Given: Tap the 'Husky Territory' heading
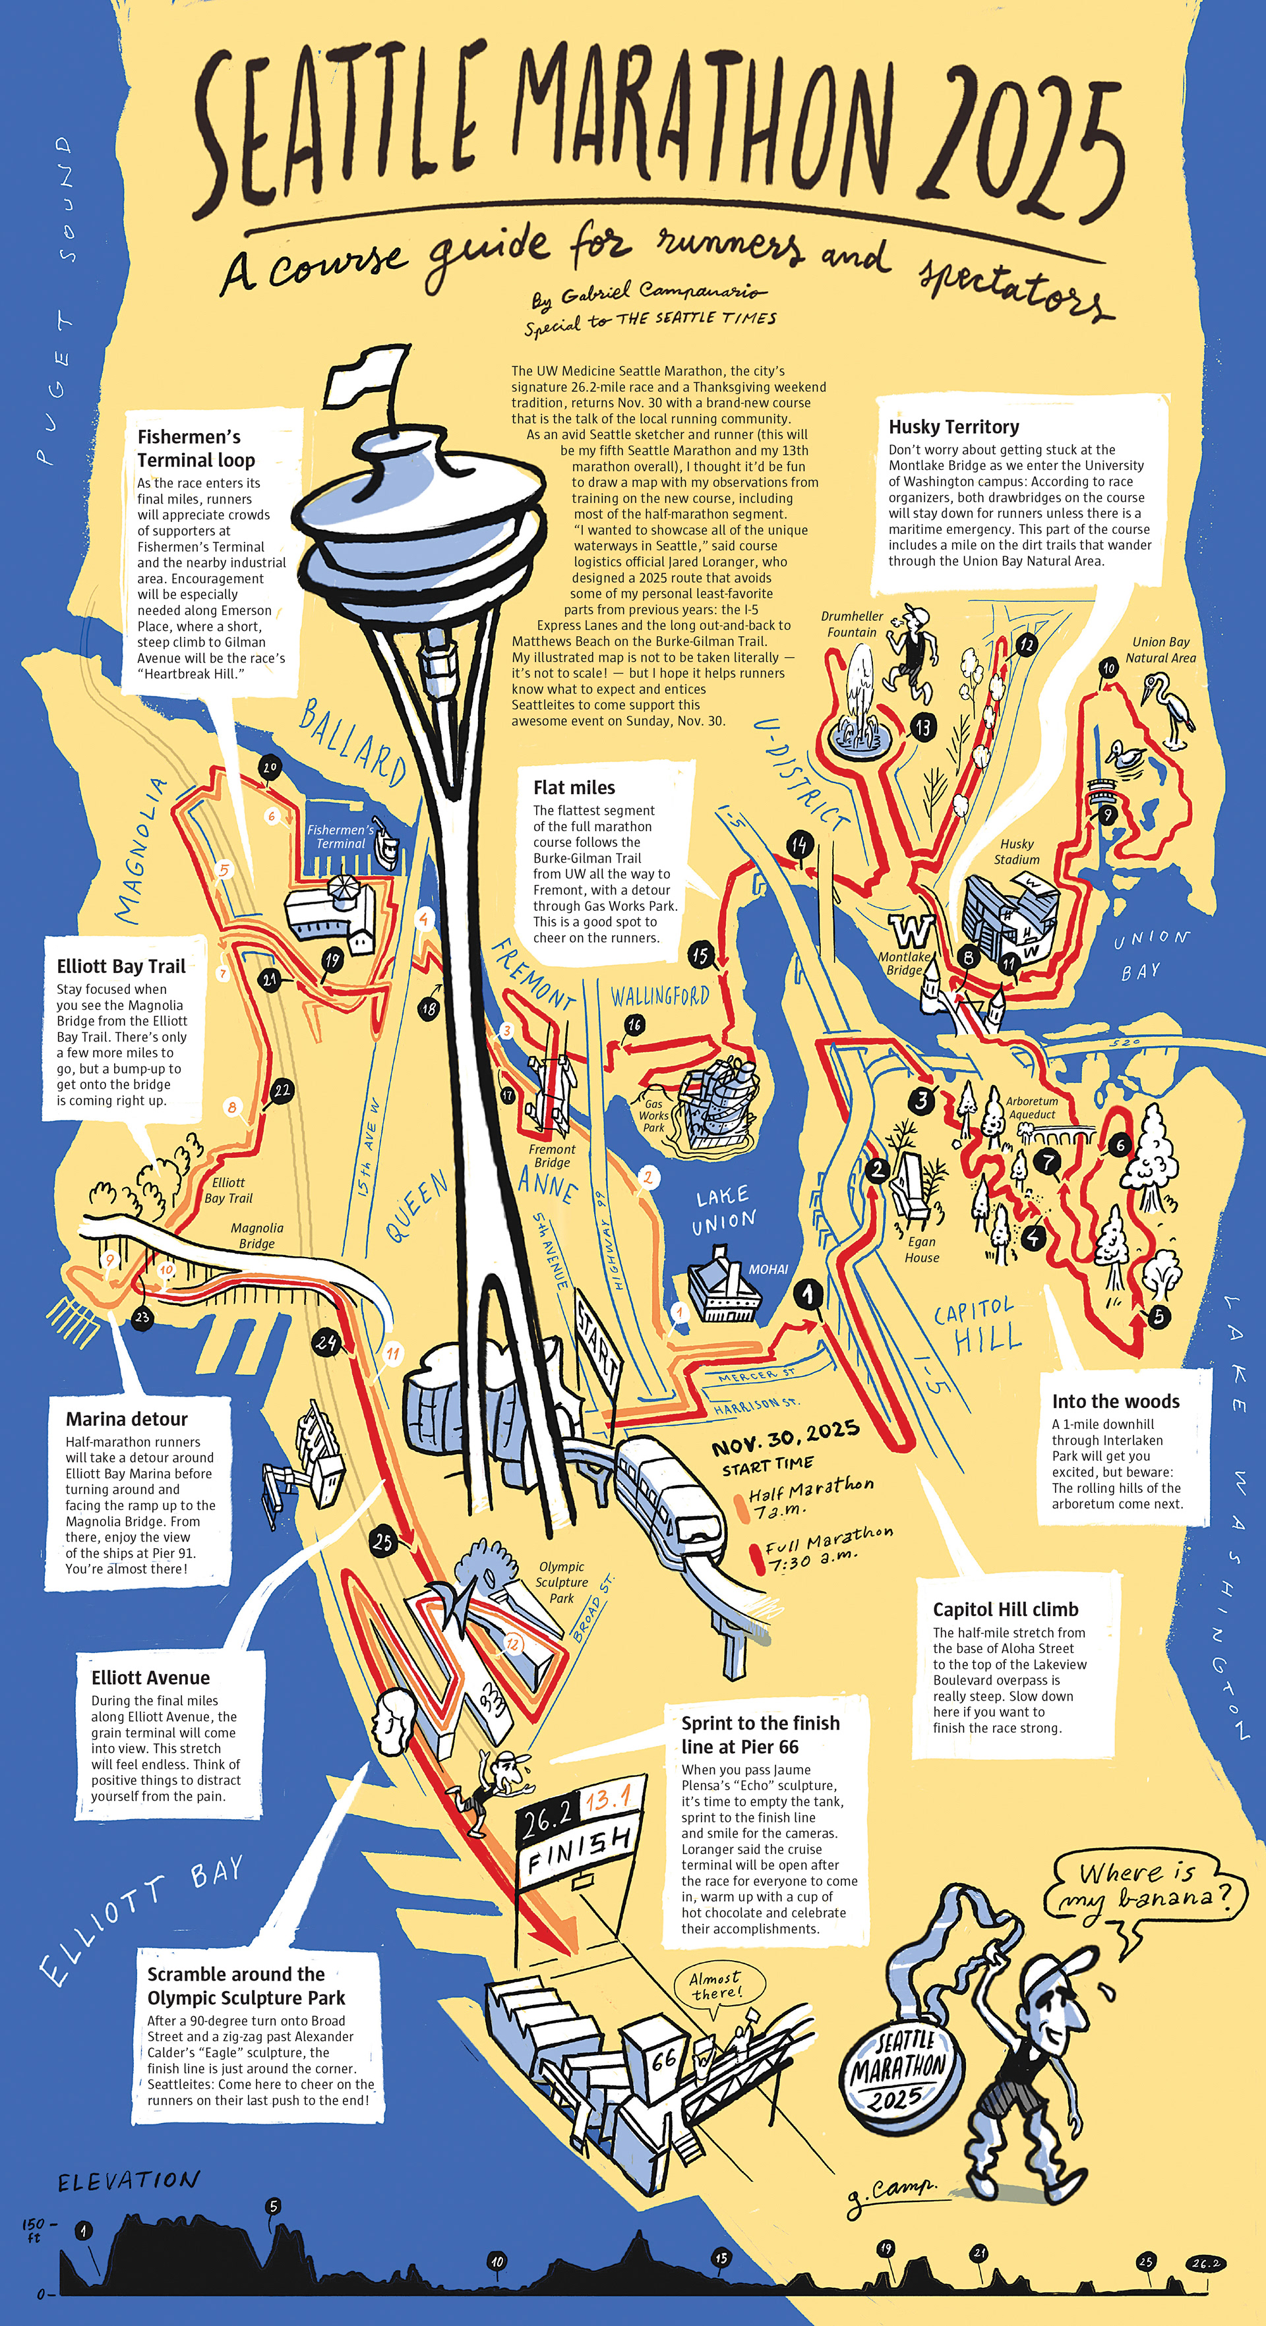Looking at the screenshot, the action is (x=953, y=427).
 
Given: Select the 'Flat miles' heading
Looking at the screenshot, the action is (x=574, y=788).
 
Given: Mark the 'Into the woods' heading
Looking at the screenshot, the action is (x=1115, y=1401).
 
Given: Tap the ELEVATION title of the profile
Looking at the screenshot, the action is (x=128, y=2182).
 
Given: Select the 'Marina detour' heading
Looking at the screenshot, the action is (x=127, y=1418).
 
